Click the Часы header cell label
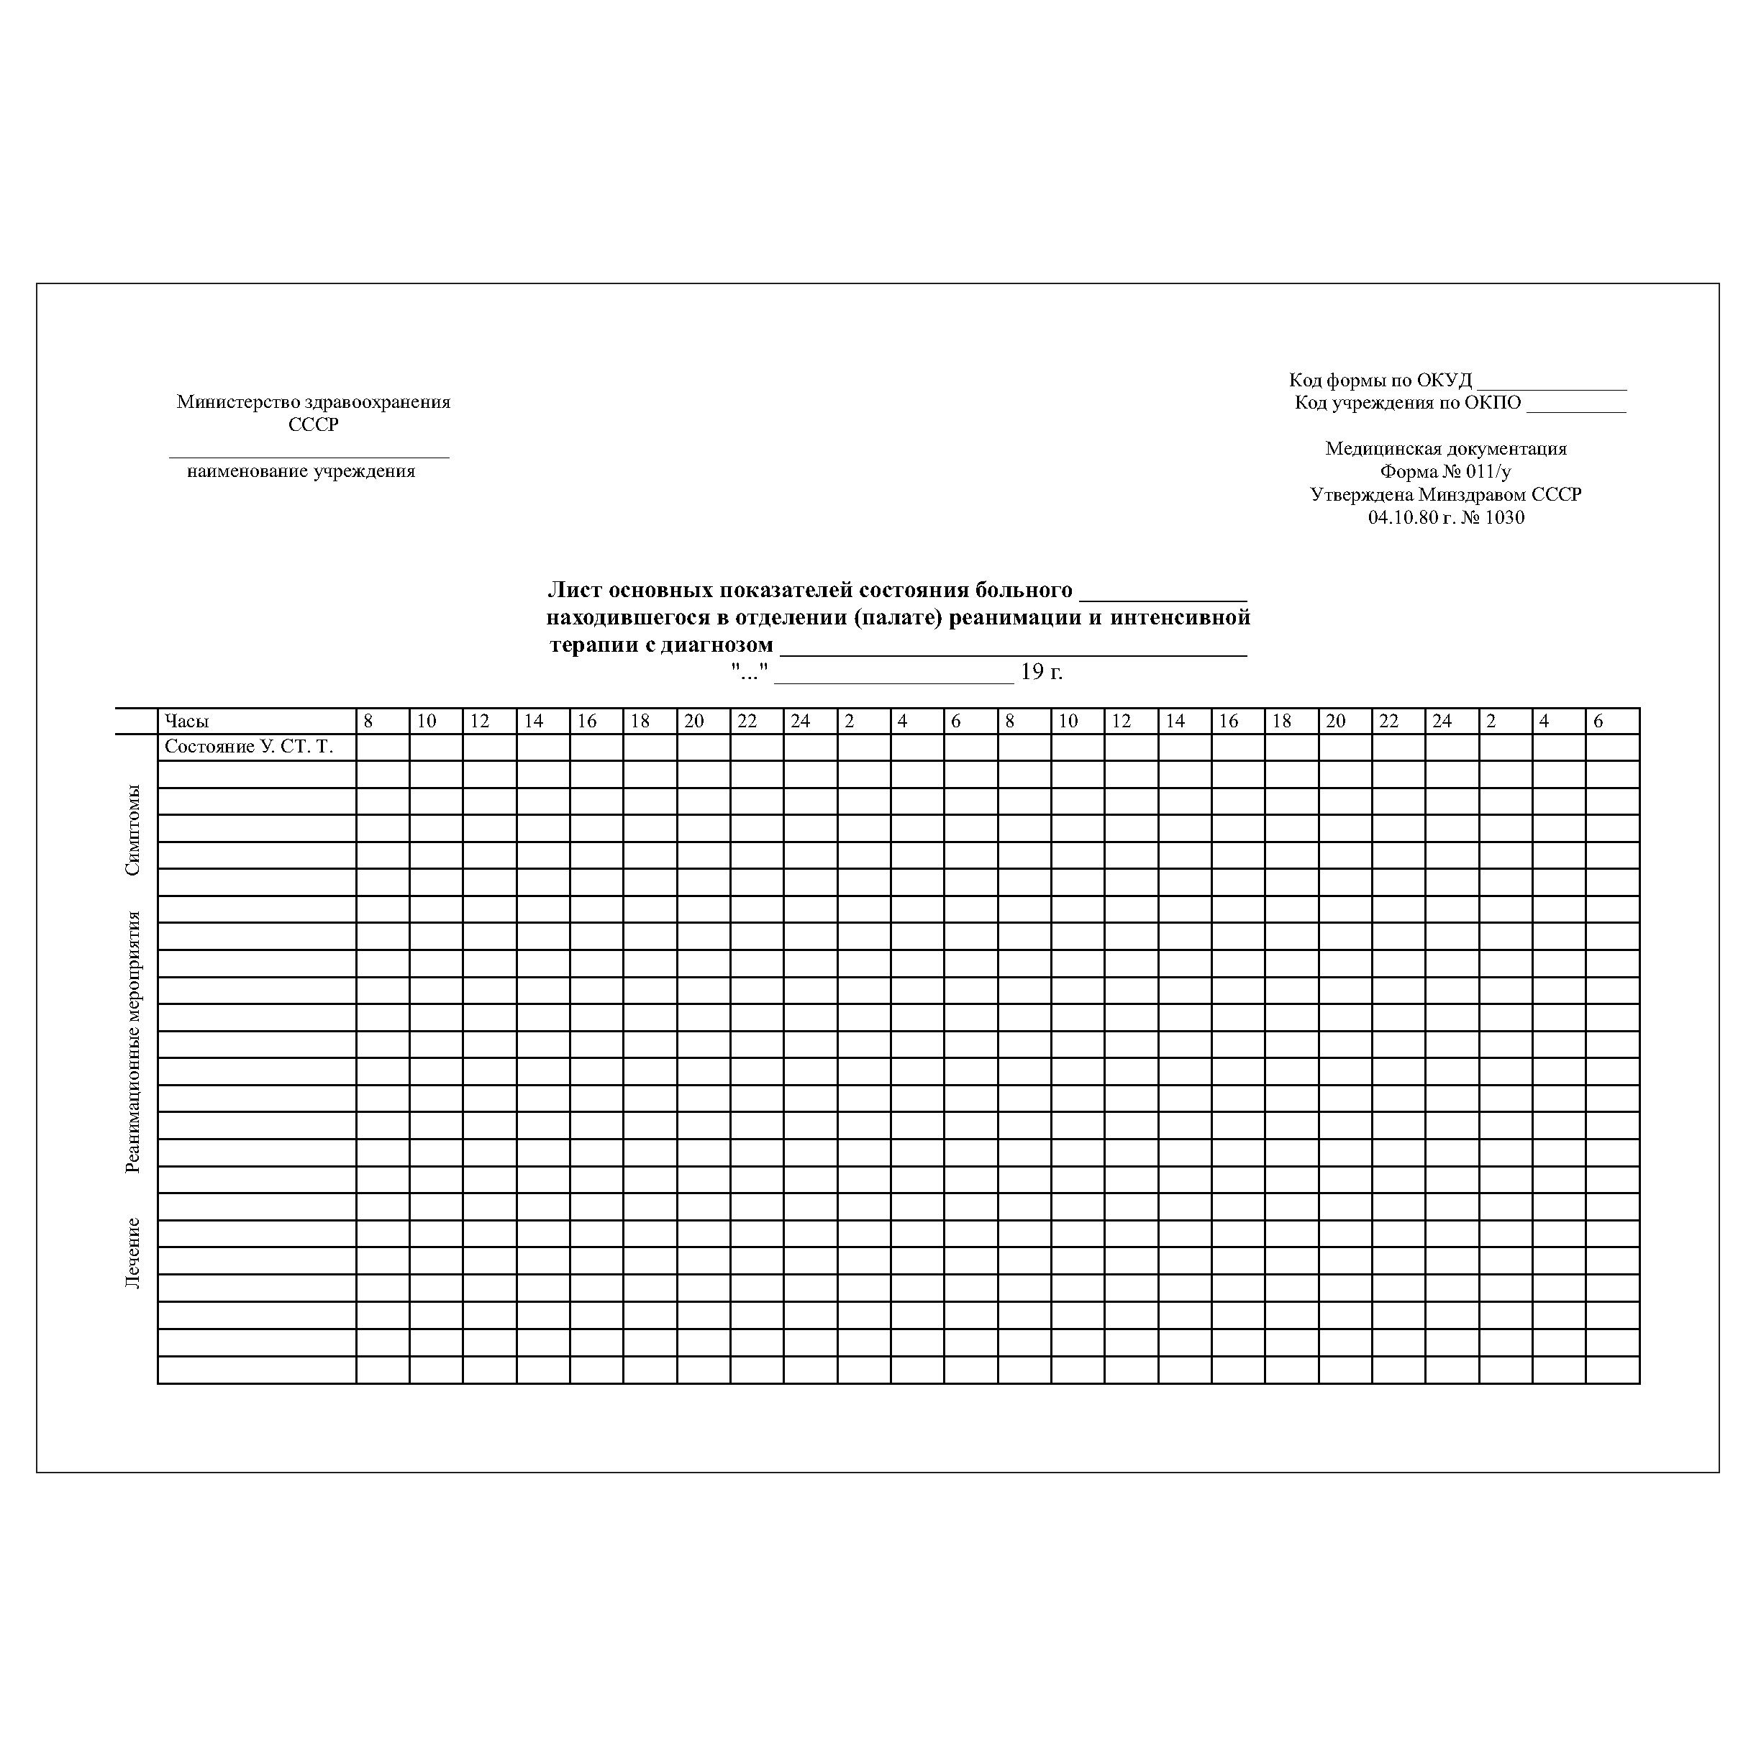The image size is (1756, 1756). point(186,722)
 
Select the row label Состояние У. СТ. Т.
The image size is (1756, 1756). point(249,747)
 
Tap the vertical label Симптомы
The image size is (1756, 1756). point(132,830)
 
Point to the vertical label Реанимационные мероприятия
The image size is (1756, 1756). point(132,1042)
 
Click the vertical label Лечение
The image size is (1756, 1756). point(132,1253)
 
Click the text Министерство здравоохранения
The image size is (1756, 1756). point(314,401)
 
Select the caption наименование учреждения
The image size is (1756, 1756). point(301,472)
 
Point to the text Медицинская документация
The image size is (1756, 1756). point(1446,448)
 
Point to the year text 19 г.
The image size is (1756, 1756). point(1042,673)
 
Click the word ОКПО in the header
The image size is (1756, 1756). point(1491,403)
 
